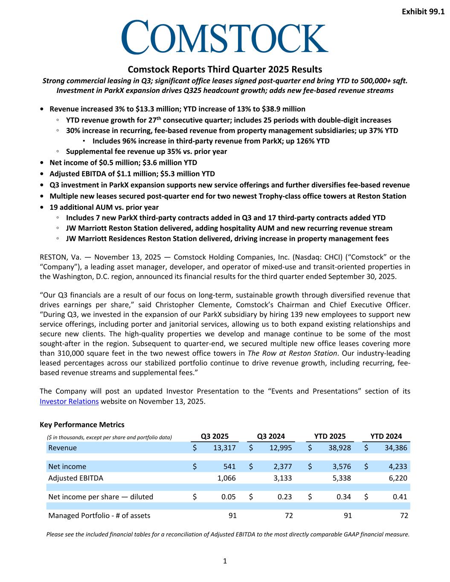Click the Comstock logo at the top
(x=225, y=37)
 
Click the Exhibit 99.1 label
(x=423, y=12)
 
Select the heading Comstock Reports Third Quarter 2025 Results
(x=225, y=69)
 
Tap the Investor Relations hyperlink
(x=69, y=401)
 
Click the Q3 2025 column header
(x=215, y=436)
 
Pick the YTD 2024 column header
(x=386, y=436)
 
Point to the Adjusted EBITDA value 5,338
(x=341, y=478)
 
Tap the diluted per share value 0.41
(x=400, y=497)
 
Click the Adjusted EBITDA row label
(x=75, y=478)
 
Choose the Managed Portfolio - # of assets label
(x=99, y=515)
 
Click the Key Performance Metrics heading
(x=82, y=425)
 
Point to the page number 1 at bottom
(x=225, y=561)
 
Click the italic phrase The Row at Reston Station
(x=292, y=353)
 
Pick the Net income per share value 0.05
(x=229, y=497)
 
